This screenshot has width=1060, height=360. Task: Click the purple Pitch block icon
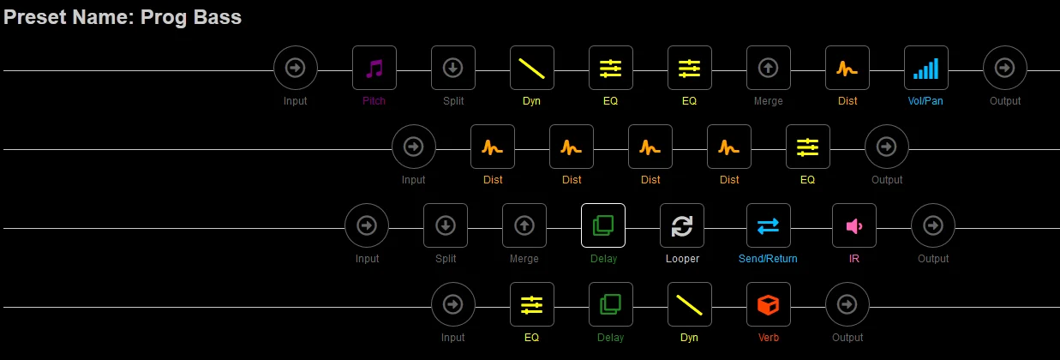[374, 69]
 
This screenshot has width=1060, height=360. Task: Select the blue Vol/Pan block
[926, 69]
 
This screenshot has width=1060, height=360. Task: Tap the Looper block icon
[682, 226]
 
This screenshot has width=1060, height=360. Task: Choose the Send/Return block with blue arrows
[768, 226]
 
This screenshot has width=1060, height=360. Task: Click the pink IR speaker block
[854, 226]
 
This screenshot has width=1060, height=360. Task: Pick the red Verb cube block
[769, 304]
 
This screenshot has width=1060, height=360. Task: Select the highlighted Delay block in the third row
[603, 226]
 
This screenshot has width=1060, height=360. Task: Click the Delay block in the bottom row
[611, 304]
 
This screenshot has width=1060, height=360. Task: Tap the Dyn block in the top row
[532, 69]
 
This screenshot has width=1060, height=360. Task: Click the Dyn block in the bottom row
[690, 304]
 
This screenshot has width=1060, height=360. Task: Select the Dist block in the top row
[847, 69]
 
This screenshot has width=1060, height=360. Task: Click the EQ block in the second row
[808, 147]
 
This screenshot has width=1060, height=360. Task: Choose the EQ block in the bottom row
[532, 304]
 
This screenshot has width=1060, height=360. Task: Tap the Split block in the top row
[453, 69]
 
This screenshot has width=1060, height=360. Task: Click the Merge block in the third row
[524, 226]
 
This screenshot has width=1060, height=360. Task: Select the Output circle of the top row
[1005, 69]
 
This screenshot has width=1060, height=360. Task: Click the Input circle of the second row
[414, 147]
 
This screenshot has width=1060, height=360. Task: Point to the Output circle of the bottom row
[847, 304]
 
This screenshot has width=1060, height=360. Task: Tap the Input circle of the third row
[367, 226]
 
